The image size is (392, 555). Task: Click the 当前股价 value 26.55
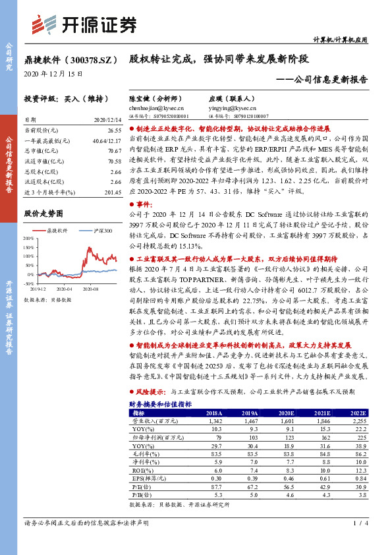point(115,131)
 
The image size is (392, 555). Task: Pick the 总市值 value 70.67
point(115,150)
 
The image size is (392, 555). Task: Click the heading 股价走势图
point(43,214)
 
